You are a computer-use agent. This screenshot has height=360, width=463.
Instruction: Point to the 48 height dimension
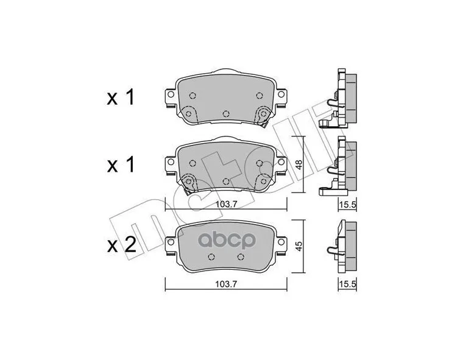(299, 165)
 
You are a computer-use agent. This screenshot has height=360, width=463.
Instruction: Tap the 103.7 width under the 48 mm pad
(227, 205)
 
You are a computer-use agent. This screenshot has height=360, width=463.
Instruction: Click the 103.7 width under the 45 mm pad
(227, 283)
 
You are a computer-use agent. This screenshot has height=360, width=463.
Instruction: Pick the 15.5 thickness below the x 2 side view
(347, 283)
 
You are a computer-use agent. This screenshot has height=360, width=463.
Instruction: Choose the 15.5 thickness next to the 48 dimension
(347, 205)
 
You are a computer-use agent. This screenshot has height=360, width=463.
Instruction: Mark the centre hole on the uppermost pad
(226, 113)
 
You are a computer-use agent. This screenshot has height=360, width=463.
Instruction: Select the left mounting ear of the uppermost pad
(169, 96)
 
